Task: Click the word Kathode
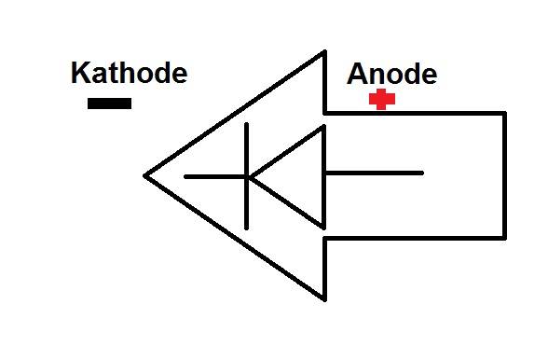pyautogui.click(x=129, y=74)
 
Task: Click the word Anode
pyautogui.click(x=391, y=75)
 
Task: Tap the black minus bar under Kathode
pyautogui.click(x=109, y=103)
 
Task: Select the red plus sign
pyautogui.click(x=380, y=100)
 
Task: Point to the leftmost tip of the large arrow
pyautogui.click(x=146, y=174)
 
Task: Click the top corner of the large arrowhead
pyautogui.click(x=324, y=52)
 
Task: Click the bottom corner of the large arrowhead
pyautogui.click(x=324, y=299)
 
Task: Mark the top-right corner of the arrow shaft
pyautogui.click(x=504, y=114)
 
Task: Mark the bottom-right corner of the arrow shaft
pyautogui.click(x=504, y=237)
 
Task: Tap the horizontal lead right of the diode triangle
pyautogui.click(x=373, y=173)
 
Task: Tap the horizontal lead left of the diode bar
pyautogui.click(x=214, y=175)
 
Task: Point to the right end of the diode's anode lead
pyautogui.click(x=422, y=173)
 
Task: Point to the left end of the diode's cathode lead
pyautogui.click(x=186, y=175)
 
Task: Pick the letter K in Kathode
pyautogui.click(x=80, y=74)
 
